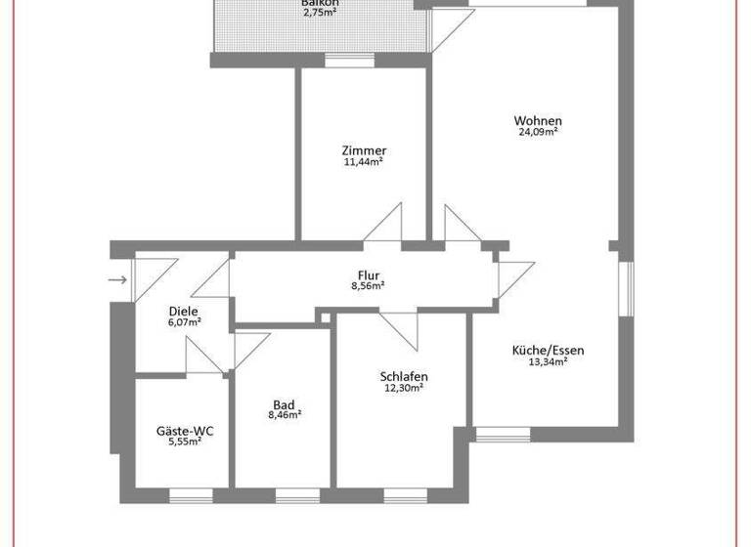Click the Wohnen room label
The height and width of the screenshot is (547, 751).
(x=538, y=121)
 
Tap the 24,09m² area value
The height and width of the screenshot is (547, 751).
(x=538, y=133)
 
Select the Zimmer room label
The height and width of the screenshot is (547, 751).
(x=364, y=150)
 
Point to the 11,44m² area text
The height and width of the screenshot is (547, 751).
(x=364, y=162)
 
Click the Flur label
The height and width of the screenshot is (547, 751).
(x=368, y=275)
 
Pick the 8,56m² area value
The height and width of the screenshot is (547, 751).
(x=368, y=286)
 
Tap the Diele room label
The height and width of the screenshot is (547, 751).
(x=184, y=312)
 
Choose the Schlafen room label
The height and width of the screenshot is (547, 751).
(x=404, y=377)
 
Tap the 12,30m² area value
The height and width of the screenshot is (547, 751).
(x=404, y=389)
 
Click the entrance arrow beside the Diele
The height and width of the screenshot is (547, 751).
(x=118, y=281)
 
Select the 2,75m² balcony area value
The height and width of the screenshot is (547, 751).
(x=320, y=14)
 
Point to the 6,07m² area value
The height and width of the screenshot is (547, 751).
(x=184, y=322)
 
